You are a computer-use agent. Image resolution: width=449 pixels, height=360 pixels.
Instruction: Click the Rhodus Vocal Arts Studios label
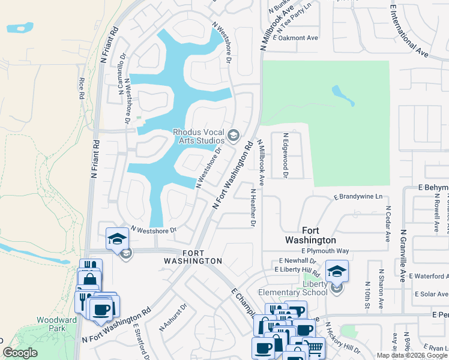click(199, 136)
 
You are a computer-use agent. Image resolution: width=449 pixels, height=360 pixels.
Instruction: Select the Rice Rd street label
click(82, 89)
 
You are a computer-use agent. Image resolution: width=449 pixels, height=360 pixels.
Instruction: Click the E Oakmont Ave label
click(295, 37)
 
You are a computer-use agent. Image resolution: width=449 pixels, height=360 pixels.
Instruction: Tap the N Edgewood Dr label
click(286, 156)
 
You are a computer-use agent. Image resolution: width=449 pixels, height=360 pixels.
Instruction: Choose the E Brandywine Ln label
click(358, 197)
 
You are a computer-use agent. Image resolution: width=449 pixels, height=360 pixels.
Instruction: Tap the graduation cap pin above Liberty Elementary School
click(337, 271)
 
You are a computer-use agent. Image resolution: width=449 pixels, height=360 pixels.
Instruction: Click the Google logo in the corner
click(20, 353)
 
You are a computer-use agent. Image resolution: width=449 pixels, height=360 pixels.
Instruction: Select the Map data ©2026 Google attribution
click(411, 355)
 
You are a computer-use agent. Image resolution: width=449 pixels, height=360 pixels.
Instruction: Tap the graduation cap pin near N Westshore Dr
click(116, 238)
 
